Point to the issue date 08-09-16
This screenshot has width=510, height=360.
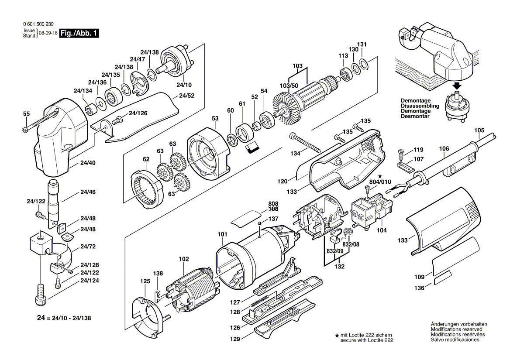48,34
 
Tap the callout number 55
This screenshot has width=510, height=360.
27,114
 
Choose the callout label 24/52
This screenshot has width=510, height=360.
186,96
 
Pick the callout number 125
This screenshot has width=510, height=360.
145,281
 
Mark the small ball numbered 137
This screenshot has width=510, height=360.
259,224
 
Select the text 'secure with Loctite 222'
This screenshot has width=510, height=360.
367,340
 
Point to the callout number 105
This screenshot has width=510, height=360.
479,130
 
